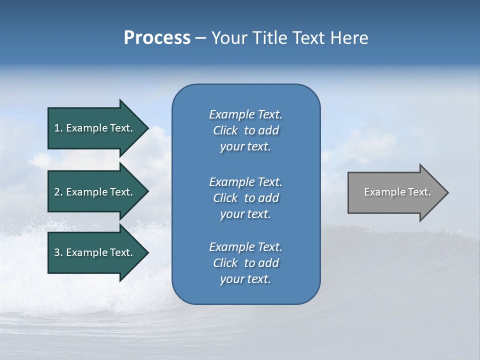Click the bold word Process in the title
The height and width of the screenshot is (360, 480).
pos(157,38)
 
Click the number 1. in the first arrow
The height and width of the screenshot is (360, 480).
pos(58,128)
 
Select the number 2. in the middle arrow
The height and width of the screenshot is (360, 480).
pos(58,192)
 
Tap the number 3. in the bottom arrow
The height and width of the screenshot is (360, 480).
pos(58,252)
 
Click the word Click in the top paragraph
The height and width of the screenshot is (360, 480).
pos(225,130)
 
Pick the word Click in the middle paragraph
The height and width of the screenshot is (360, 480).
pos(225,198)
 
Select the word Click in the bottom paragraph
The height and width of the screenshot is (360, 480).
pos(225,263)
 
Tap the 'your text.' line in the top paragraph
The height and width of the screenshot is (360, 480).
pos(245,146)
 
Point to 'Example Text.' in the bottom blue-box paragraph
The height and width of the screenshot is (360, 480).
pos(245,247)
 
